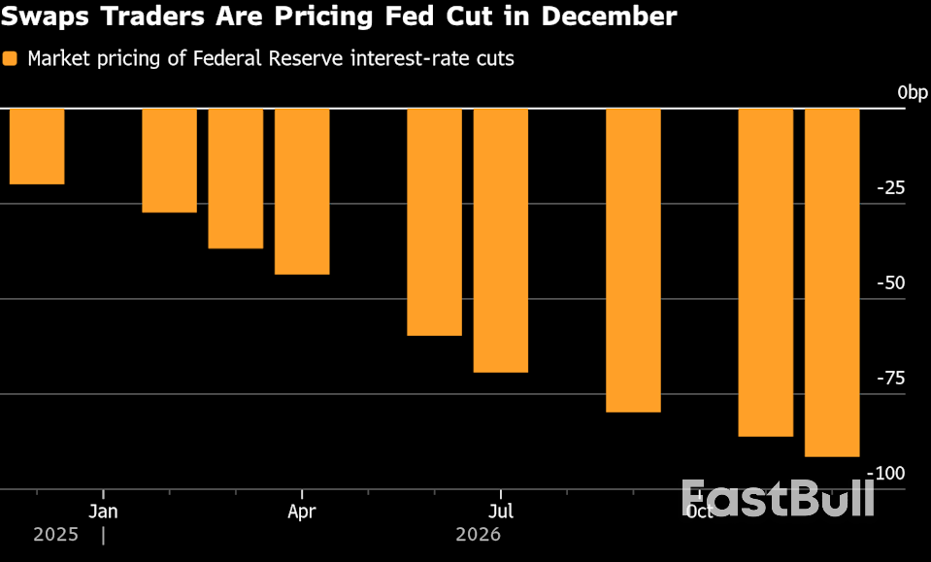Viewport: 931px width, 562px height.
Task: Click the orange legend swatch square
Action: tap(11, 59)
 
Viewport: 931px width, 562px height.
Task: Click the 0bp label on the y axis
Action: tap(913, 92)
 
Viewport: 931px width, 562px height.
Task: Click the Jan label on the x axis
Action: tap(103, 511)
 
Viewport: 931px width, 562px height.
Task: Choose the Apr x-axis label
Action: tap(302, 511)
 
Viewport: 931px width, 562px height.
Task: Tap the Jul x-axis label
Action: tap(501, 511)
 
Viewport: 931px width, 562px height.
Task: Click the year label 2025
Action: tap(54, 535)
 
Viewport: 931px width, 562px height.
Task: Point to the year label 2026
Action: tap(478, 535)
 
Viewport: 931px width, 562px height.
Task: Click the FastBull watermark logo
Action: tap(778, 497)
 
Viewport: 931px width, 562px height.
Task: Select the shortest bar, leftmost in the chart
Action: tap(37, 146)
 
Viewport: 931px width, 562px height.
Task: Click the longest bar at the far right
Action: tap(832, 281)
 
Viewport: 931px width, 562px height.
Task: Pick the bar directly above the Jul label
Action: tap(501, 240)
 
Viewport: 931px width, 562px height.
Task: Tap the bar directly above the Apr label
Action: tap(302, 191)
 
